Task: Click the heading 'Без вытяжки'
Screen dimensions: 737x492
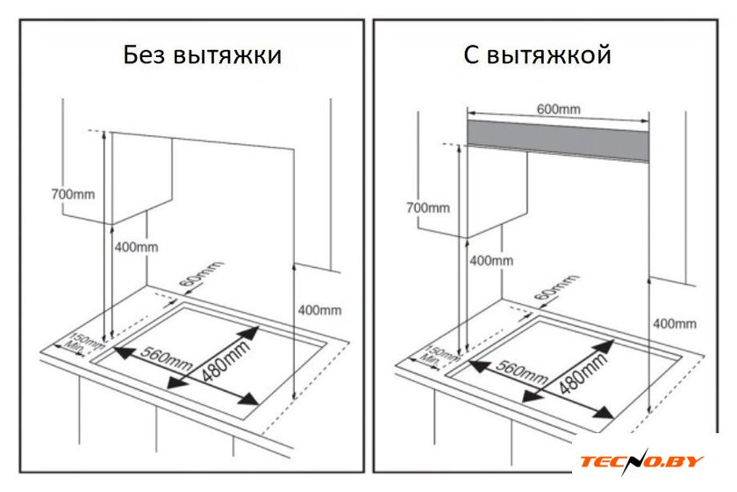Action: click(x=203, y=55)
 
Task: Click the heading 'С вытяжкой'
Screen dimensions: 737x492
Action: click(x=537, y=55)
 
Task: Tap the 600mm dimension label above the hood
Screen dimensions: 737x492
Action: click(x=558, y=109)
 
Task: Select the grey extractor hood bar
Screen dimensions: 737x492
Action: click(x=558, y=141)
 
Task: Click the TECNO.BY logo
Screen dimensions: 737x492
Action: click(x=641, y=460)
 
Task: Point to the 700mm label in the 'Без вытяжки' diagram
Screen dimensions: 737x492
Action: click(x=73, y=194)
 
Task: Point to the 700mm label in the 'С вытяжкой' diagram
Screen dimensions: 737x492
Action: click(x=428, y=207)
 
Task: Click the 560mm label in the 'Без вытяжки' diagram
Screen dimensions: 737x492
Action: click(x=167, y=358)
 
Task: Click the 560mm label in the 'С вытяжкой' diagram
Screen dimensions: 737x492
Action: click(x=522, y=372)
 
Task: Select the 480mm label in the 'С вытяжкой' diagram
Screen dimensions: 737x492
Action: click(x=582, y=373)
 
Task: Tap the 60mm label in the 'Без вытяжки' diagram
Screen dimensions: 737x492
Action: click(x=201, y=273)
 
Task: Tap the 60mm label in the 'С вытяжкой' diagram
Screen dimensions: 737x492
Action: click(x=556, y=287)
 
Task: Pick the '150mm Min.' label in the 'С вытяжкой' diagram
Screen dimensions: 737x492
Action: click(x=440, y=358)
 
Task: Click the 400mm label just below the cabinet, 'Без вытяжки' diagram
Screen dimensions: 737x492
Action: click(x=136, y=247)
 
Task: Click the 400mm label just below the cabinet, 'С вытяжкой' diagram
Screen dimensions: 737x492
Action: click(x=491, y=260)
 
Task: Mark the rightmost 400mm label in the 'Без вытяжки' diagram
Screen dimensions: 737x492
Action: click(x=319, y=310)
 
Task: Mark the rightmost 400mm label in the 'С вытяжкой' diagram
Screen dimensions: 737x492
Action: click(x=675, y=324)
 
